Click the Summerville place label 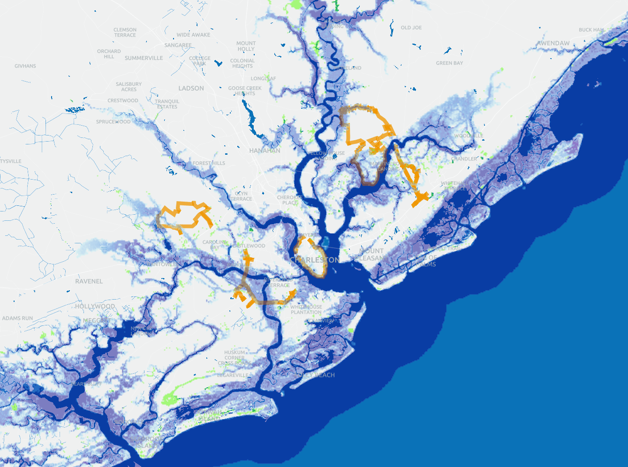point(144,58)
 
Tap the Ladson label point(191,88)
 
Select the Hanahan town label point(265,151)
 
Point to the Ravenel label point(89,281)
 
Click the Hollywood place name point(95,307)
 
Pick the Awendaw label point(553,43)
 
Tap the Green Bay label point(449,63)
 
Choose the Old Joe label point(411,28)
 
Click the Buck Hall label point(591,30)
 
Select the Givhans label point(25,66)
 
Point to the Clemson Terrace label point(125,32)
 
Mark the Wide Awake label point(193,35)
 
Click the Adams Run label point(17,318)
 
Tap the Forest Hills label point(209,163)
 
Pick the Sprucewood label point(113,122)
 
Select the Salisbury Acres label point(129,87)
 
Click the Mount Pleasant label point(371,255)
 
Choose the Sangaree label point(178,45)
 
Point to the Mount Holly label point(246,46)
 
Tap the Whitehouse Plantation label point(306,309)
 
